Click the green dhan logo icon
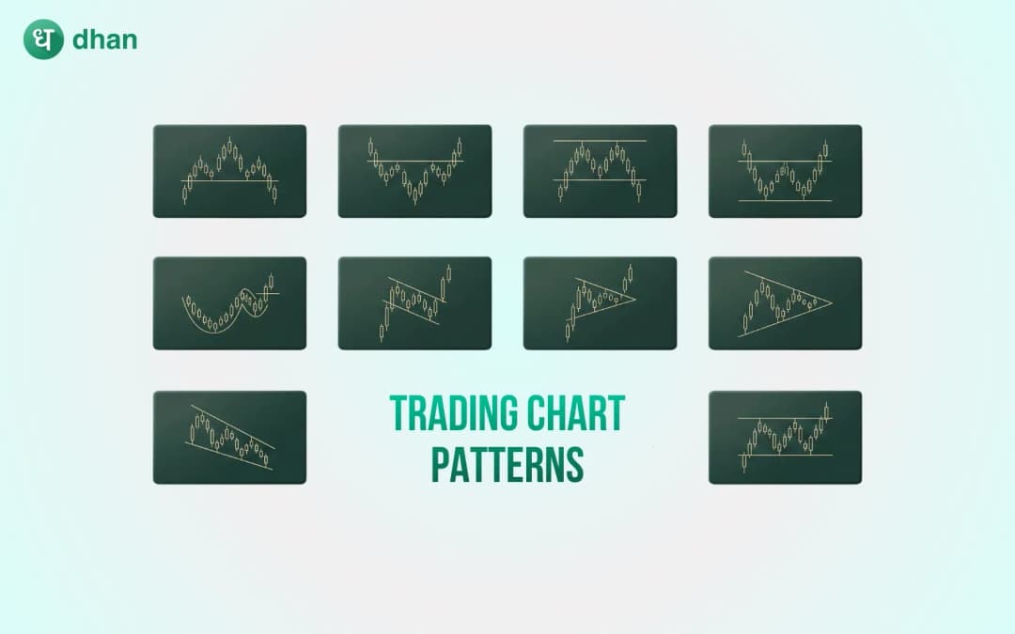(x=43, y=40)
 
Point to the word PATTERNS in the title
(x=507, y=464)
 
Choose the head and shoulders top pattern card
(x=229, y=171)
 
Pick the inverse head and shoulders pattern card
(x=414, y=171)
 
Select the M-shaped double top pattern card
(x=600, y=171)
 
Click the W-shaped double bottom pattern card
(x=785, y=171)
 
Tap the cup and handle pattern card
(x=229, y=302)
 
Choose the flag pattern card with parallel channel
(x=414, y=302)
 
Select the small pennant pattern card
(x=600, y=302)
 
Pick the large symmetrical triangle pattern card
(x=785, y=302)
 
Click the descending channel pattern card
(x=229, y=437)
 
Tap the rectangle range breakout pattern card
(x=785, y=437)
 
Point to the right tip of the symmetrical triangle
(x=833, y=302)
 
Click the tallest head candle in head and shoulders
(x=230, y=147)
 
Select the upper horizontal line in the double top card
(x=600, y=141)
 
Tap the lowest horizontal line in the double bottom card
(x=785, y=200)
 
